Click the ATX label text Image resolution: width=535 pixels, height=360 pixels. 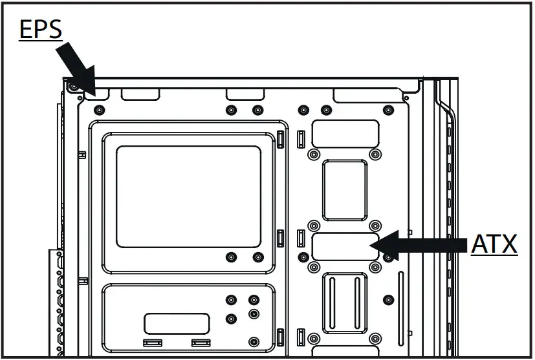coord(494,245)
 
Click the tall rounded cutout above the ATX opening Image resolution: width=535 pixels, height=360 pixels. coord(345,190)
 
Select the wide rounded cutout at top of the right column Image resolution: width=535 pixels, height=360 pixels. coord(345,134)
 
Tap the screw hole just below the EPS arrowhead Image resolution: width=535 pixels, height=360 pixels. coord(99,109)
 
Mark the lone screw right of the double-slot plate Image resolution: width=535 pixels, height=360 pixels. coord(388,299)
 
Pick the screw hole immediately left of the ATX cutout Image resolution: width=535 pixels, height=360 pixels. coord(303,257)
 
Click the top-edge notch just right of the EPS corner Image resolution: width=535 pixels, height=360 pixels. coord(140,94)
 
